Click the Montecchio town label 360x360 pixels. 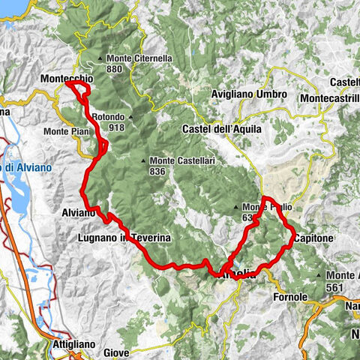[68, 76]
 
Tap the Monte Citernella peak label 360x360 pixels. [139, 58]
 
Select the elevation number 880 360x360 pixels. [114, 69]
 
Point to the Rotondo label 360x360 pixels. [108, 117]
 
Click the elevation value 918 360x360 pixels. [115, 127]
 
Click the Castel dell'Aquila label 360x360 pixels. [222, 129]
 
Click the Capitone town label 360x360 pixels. [310, 238]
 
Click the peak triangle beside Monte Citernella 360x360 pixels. [101, 59]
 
